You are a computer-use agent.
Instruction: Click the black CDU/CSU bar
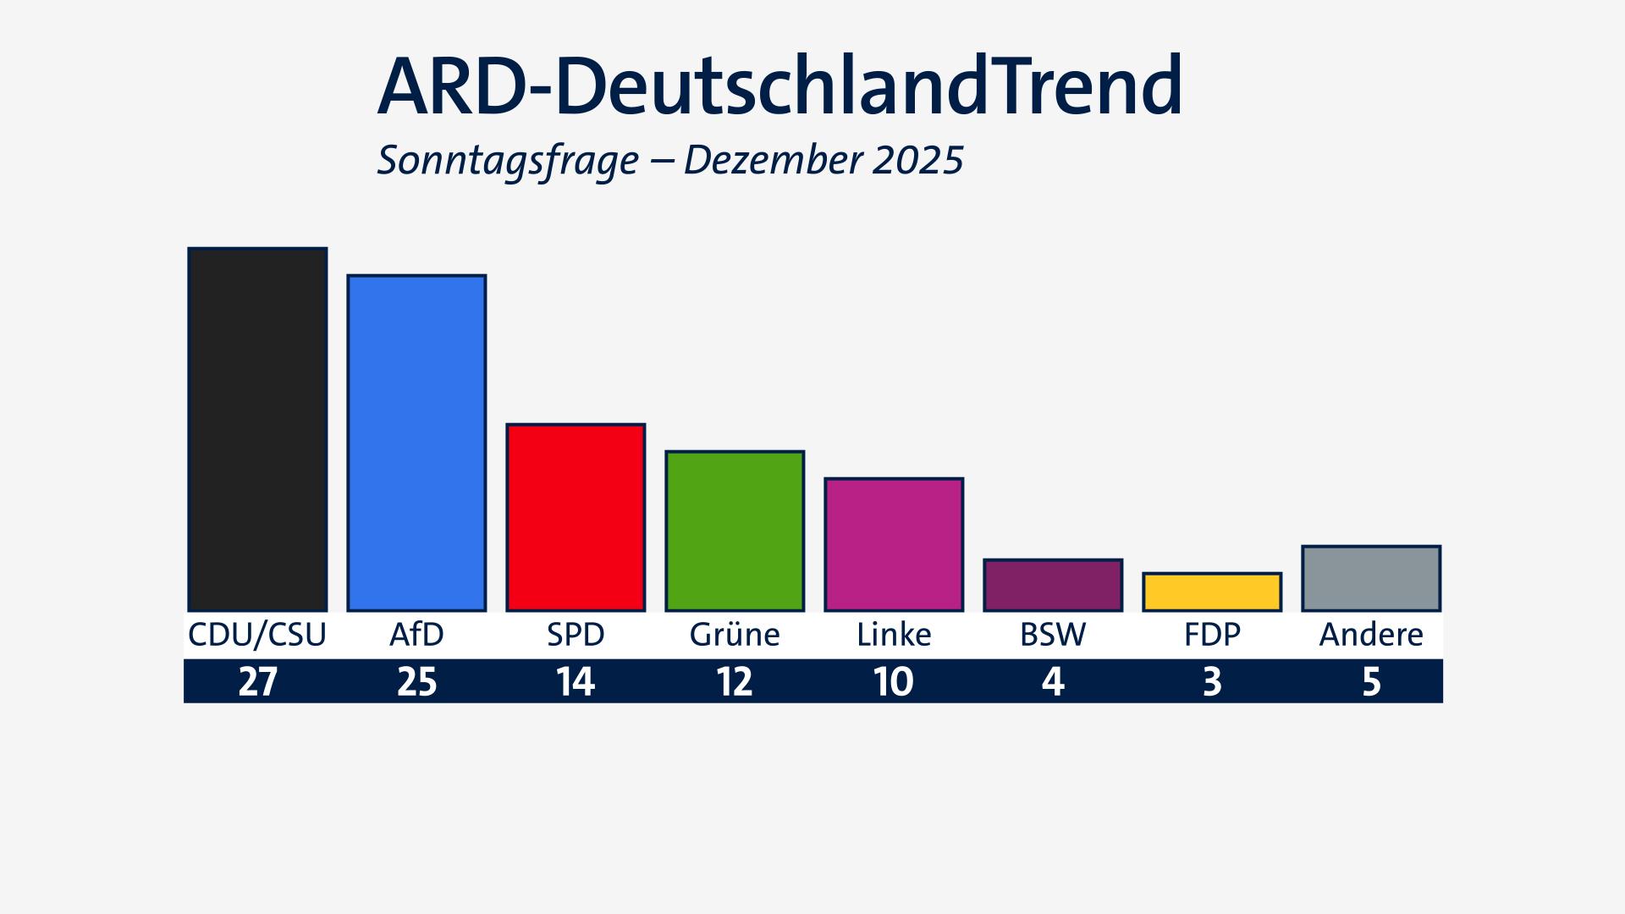click(x=257, y=429)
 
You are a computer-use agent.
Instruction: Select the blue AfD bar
click(x=416, y=443)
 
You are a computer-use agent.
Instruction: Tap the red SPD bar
click(x=576, y=517)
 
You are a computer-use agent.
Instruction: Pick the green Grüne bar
click(x=735, y=531)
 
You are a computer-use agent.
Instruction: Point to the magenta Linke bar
click(x=894, y=544)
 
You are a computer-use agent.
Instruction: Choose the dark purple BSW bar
click(x=1053, y=585)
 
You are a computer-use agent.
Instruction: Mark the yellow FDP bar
click(x=1212, y=592)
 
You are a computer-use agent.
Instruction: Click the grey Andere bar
click(x=1371, y=578)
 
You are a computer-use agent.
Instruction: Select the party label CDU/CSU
click(x=257, y=635)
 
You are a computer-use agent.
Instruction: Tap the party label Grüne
click(x=735, y=635)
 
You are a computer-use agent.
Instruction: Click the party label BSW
click(x=1053, y=635)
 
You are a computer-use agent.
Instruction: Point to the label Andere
click(x=1371, y=635)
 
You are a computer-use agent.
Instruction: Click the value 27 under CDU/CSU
click(x=257, y=681)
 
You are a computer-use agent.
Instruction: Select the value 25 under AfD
click(x=416, y=681)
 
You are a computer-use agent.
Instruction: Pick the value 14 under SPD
click(x=576, y=681)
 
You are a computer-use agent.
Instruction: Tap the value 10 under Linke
click(x=894, y=681)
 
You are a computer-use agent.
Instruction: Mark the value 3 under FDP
click(x=1212, y=681)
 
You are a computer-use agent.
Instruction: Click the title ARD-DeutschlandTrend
click(x=779, y=87)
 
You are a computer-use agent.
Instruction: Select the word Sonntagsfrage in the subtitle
click(x=508, y=160)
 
